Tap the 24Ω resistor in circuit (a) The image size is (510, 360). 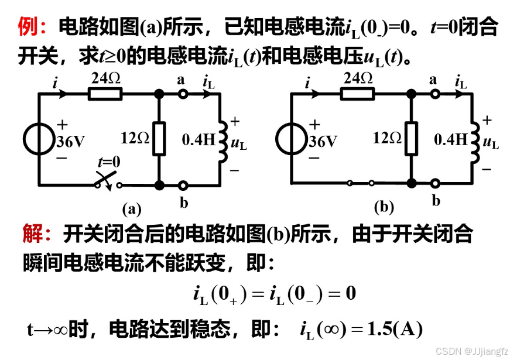[105, 94]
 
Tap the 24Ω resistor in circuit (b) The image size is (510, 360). [358, 94]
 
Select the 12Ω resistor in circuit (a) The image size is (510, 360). [159, 139]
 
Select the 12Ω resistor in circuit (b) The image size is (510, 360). [412, 139]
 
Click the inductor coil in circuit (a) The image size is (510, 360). [223, 140]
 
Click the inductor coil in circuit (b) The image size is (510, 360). [475, 140]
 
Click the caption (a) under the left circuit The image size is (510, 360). [132, 208]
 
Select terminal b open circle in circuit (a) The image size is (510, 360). [183, 186]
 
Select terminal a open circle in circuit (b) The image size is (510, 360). [434, 94]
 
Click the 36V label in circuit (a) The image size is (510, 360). [71, 141]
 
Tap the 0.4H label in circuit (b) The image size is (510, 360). [451, 139]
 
